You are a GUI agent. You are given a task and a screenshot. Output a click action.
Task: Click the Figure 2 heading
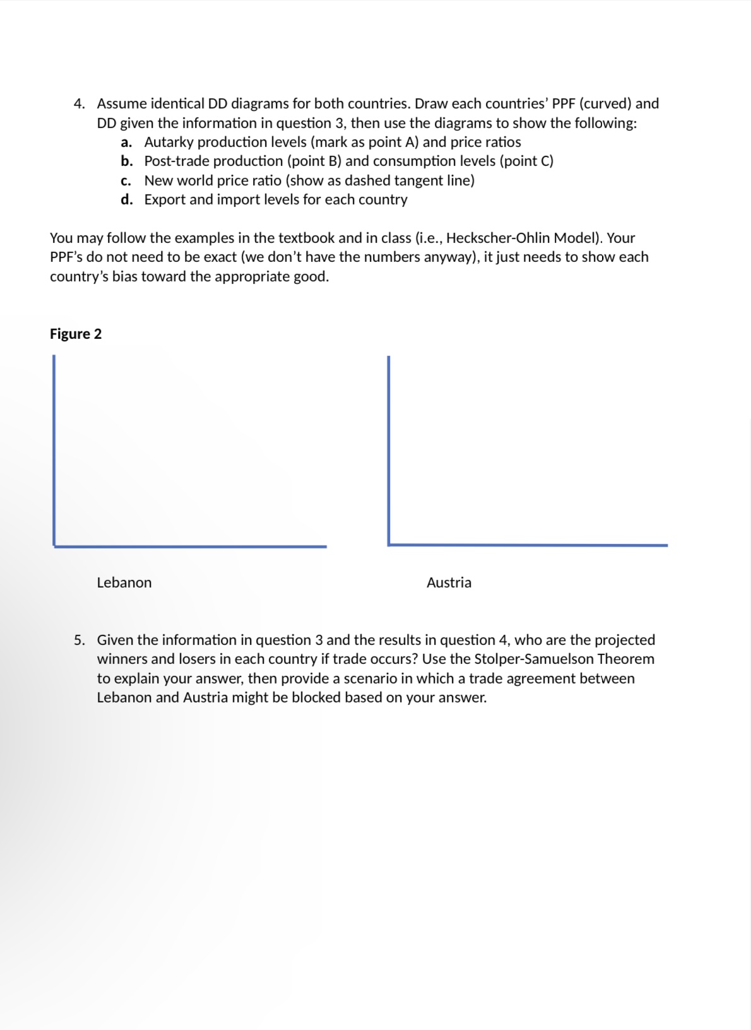click(76, 334)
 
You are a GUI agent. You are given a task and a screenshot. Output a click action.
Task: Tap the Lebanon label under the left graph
click(124, 583)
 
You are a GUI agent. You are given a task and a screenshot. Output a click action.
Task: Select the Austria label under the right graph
click(449, 583)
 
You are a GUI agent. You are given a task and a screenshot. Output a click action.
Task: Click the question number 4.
click(79, 104)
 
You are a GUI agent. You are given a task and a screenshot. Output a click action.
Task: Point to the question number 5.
click(79, 640)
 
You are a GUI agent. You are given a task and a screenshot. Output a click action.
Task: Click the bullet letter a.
click(126, 142)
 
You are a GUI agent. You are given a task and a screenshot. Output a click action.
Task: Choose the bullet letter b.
click(126, 161)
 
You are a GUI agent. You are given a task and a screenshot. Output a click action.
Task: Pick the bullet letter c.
click(126, 181)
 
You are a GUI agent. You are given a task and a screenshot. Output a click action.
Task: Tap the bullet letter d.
click(126, 199)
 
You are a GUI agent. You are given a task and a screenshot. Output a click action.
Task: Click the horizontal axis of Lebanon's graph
click(189, 547)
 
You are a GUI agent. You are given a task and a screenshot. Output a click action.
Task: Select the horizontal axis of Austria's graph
click(527, 545)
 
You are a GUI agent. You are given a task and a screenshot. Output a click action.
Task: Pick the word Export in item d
click(165, 199)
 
